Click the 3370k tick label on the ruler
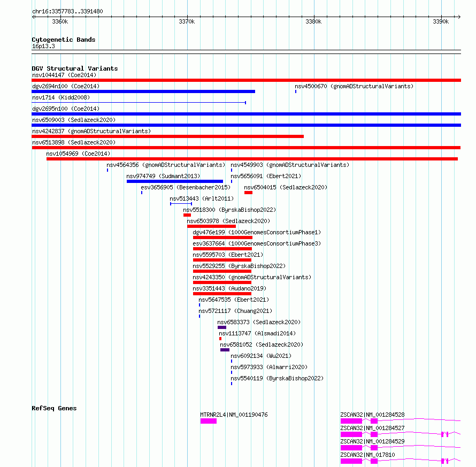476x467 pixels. click(187, 21)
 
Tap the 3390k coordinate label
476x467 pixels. click(441, 21)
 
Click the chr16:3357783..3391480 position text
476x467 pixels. click(67, 11)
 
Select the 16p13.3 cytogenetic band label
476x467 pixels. click(43, 46)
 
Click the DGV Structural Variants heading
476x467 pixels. click(75, 68)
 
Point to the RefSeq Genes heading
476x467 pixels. click(54, 408)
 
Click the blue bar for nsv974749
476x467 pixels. click(175, 181)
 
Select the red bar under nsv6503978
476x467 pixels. click(211, 226)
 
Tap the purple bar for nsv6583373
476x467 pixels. click(222, 327)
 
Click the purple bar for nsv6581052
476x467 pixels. click(225, 350)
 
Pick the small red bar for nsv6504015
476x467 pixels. click(248, 193)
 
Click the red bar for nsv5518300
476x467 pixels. click(187, 215)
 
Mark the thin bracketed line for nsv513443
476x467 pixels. click(181, 204)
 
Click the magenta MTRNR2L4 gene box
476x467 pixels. click(209, 421)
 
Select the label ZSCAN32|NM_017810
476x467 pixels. click(367, 455)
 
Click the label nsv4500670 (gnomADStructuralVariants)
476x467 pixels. click(354, 86)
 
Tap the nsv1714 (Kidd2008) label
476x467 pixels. click(61, 97)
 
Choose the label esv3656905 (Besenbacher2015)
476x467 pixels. click(186, 187)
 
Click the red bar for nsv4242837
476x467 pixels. click(167, 136)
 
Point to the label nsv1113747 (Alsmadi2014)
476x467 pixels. click(257, 333)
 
